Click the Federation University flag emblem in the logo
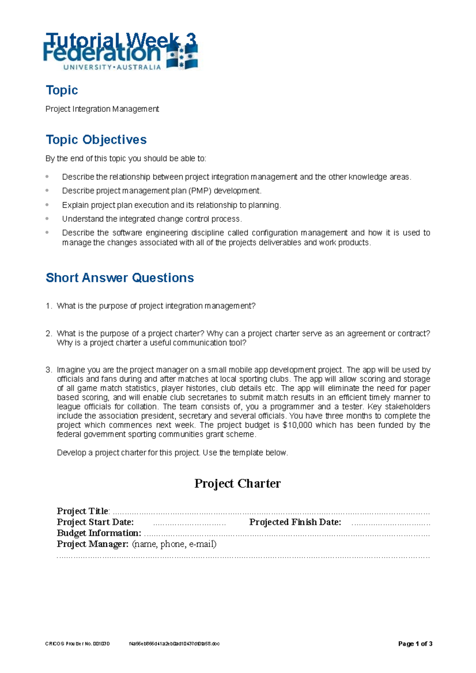click(x=182, y=58)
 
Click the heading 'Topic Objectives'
click(x=96, y=140)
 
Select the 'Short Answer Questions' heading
click(x=119, y=277)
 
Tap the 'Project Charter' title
click(x=237, y=483)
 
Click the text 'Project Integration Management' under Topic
click(x=102, y=109)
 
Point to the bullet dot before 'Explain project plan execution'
click(x=47, y=205)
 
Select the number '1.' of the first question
click(x=49, y=306)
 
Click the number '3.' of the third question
click(x=49, y=370)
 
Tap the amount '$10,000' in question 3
click(x=297, y=425)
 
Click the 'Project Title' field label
click(x=83, y=511)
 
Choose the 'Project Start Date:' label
click(x=95, y=522)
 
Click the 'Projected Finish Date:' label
click(x=295, y=522)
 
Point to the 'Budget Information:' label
click(x=99, y=533)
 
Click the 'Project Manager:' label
click(x=92, y=544)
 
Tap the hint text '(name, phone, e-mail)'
click(x=174, y=544)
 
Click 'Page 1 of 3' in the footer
click(x=415, y=644)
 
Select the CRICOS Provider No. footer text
click(x=77, y=644)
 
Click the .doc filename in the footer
click(x=174, y=644)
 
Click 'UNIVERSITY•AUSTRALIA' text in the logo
click(x=112, y=67)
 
